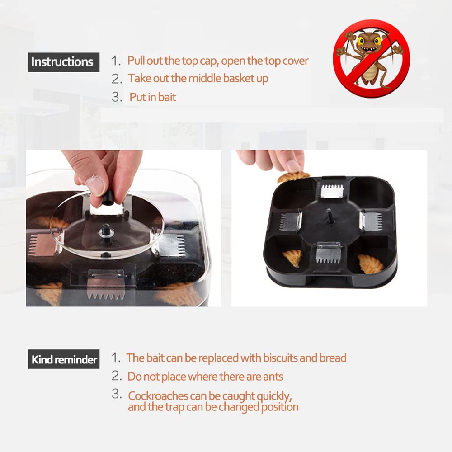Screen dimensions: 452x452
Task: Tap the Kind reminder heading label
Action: [x=64, y=360]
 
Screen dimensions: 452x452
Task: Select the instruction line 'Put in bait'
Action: [x=153, y=97]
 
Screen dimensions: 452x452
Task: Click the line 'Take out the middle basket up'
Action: [x=198, y=78]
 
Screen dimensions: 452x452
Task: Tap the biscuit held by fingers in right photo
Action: [x=293, y=176]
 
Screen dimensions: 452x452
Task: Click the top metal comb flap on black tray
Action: [x=332, y=190]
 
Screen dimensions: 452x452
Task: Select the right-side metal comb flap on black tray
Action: [x=371, y=221]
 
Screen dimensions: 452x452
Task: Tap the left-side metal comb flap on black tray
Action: [x=290, y=220]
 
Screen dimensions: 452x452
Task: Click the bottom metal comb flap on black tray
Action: [x=328, y=252]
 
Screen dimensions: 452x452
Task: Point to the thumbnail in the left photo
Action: [x=95, y=184]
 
